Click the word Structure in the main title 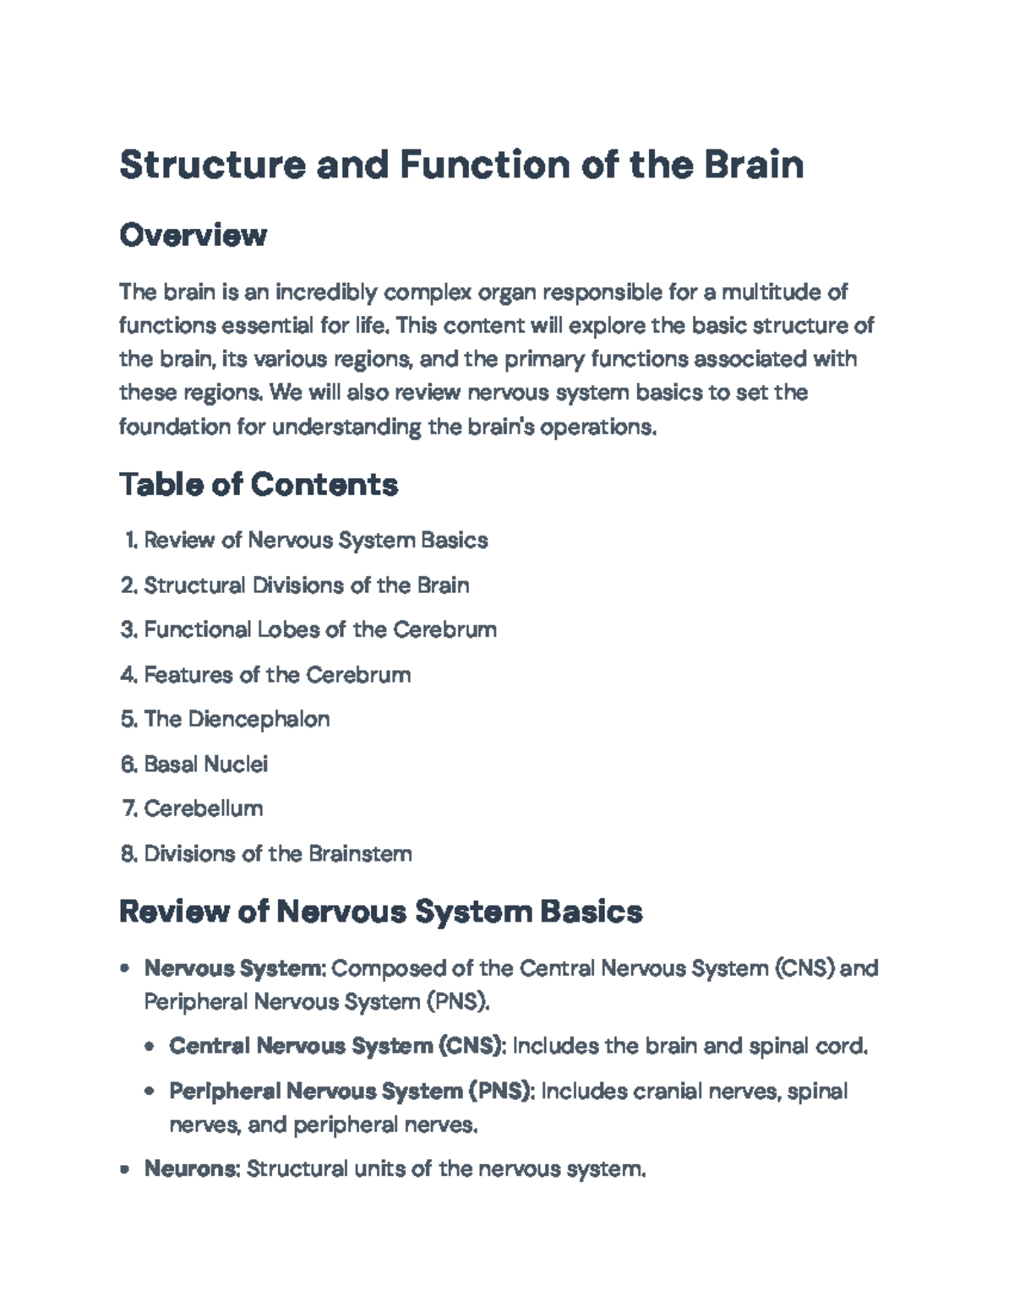(x=212, y=164)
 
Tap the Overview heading (x=194, y=235)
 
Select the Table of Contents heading (x=259, y=485)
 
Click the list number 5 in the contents (x=128, y=720)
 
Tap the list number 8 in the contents (x=128, y=854)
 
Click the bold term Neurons (x=193, y=1169)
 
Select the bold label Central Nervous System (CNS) (x=337, y=1047)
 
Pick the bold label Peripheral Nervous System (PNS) (x=352, y=1092)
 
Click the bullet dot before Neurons (x=125, y=1170)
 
